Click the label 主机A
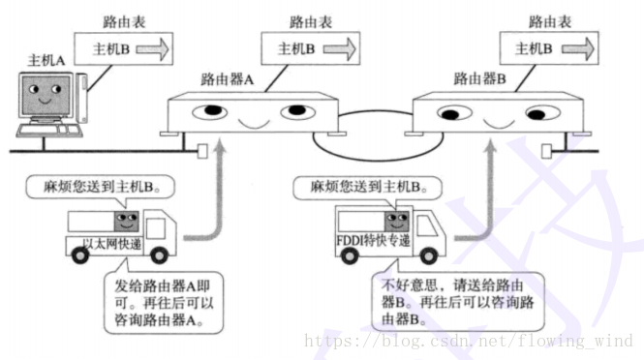click(47, 60)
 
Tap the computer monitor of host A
click(42, 96)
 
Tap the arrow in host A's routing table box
click(153, 46)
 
